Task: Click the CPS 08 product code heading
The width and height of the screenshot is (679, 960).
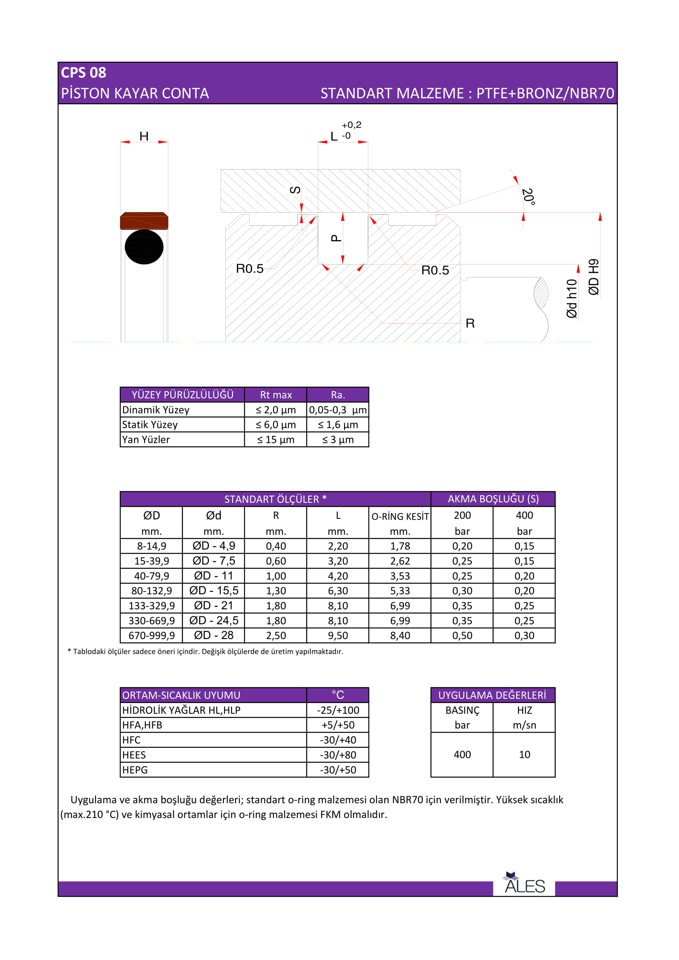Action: click(84, 73)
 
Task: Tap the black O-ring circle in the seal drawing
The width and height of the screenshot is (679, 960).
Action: click(144, 247)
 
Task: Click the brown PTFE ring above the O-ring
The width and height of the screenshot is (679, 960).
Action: click(144, 221)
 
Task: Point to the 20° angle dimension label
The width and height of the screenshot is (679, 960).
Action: click(528, 197)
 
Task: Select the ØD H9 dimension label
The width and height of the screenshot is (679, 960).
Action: click(594, 277)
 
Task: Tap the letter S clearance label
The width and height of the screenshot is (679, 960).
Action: click(295, 190)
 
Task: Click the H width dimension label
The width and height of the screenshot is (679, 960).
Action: click(144, 136)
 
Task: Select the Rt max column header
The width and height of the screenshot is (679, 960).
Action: click(276, 395)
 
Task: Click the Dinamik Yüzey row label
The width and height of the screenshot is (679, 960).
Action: click(156, 410)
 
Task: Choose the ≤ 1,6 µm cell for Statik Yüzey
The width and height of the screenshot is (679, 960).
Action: click(338, 425)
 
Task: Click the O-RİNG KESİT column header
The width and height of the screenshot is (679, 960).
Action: click(400, 517)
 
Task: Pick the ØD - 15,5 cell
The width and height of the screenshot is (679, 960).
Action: click(213, 591)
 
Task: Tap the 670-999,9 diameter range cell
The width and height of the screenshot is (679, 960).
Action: click(152, 635)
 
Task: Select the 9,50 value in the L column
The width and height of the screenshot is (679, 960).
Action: click(338, 635)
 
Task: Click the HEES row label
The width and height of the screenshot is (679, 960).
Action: click(134, 755)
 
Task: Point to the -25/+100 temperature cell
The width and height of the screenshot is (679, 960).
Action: click(338, 710)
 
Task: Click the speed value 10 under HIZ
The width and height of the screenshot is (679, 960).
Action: click(524, 755)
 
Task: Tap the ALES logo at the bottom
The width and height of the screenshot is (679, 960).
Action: click(524, 884)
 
